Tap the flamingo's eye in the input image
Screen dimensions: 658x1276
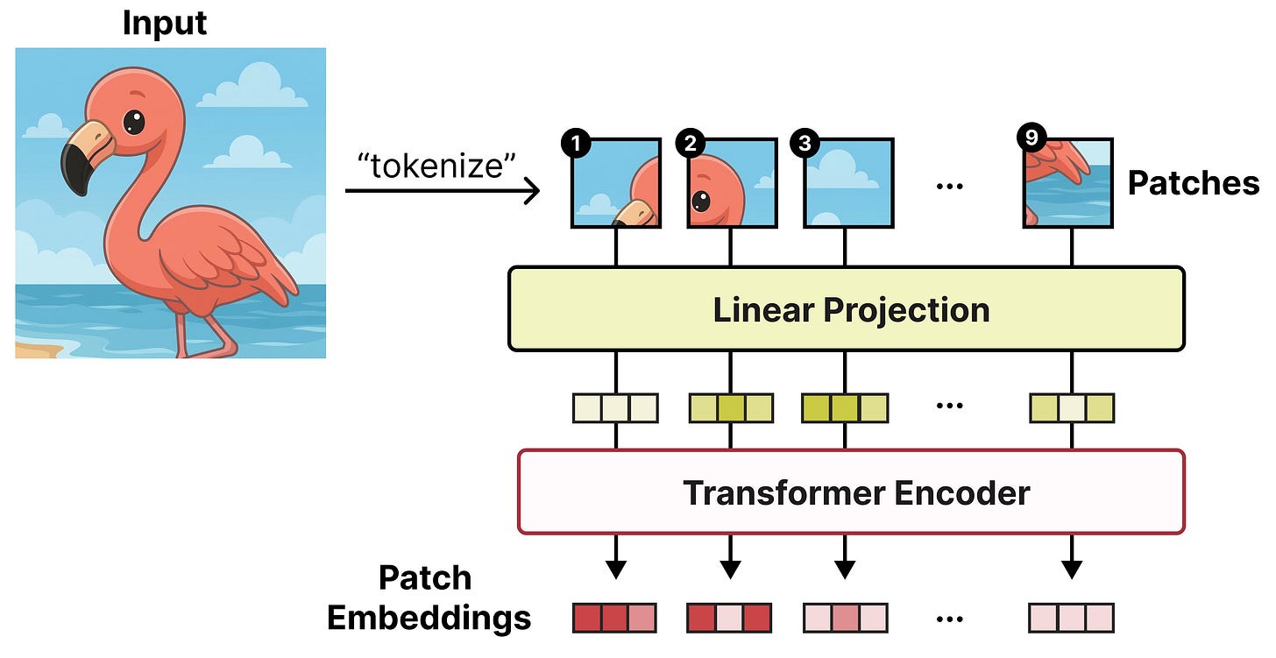pos(133,121)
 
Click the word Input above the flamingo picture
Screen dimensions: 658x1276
pos(165,23)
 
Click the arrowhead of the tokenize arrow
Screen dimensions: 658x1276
pos(532,190)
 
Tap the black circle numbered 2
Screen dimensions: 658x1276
pos(690,143)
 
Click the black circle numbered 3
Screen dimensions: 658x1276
pos(803,143)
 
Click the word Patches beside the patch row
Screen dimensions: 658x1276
pos(1193,183)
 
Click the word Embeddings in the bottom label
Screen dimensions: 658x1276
pos(429,618)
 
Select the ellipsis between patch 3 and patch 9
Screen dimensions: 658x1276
pos(950,187)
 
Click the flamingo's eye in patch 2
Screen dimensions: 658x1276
pos(701,202)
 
